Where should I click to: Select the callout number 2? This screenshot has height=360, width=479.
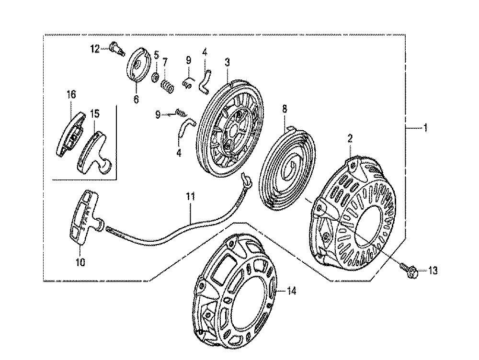tap(350, 139)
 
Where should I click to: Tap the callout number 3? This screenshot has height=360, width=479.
tap(227, 62)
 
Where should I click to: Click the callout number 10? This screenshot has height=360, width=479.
tap(80, 262)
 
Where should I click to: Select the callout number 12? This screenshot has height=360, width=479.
tap(95, 48)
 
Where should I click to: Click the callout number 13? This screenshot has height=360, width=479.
tap(433, 271)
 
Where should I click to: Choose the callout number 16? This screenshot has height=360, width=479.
tap(71, 95)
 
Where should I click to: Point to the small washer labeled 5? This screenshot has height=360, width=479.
tap(156, 77)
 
